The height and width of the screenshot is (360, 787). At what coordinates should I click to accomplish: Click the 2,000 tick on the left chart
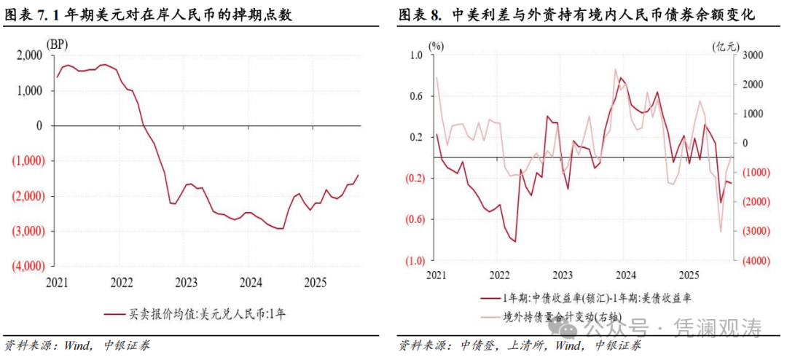click(29, 55)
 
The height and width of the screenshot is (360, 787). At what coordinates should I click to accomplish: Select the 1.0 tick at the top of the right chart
click(416, 55)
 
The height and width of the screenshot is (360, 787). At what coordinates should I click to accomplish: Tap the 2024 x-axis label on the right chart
click(625, 275)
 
